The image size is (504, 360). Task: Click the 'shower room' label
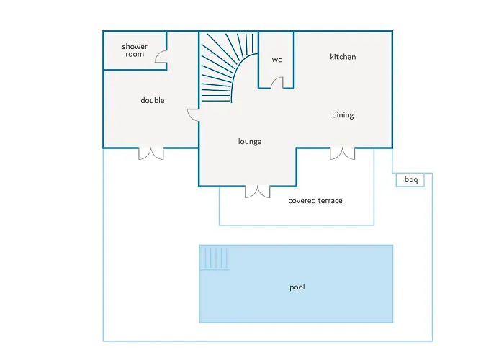point(135,50)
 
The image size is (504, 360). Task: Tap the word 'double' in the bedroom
point(153,100)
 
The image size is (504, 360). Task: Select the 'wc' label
point(276,60)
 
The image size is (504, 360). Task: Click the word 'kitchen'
point(343,57)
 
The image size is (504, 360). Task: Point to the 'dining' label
point(343,115)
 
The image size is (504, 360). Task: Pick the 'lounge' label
point(250,142)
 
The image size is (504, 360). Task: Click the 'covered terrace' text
point(315,201)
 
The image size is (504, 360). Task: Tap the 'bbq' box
point(410,180)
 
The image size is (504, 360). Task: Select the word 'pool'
point(297,287)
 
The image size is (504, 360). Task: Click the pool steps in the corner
point(215,258)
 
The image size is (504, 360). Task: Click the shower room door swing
point(161,57)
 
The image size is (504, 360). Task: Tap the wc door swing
point(276,83)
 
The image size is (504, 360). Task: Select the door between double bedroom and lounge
point(193,115)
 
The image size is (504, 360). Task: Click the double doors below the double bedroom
point(151,153)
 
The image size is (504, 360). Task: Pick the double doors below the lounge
point(258,192)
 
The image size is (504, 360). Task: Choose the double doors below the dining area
point(343,153)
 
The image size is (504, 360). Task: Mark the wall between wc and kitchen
point(294,60)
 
